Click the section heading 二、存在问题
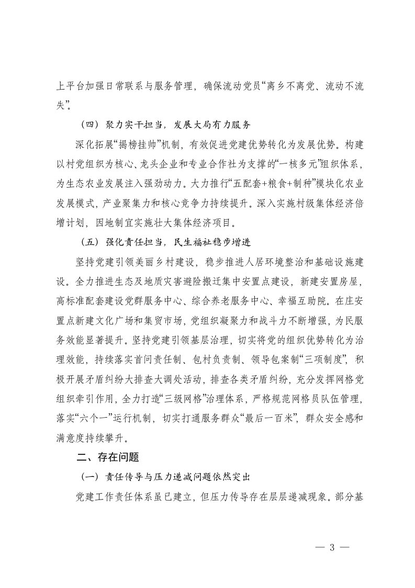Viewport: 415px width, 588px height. pos(108,456)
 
